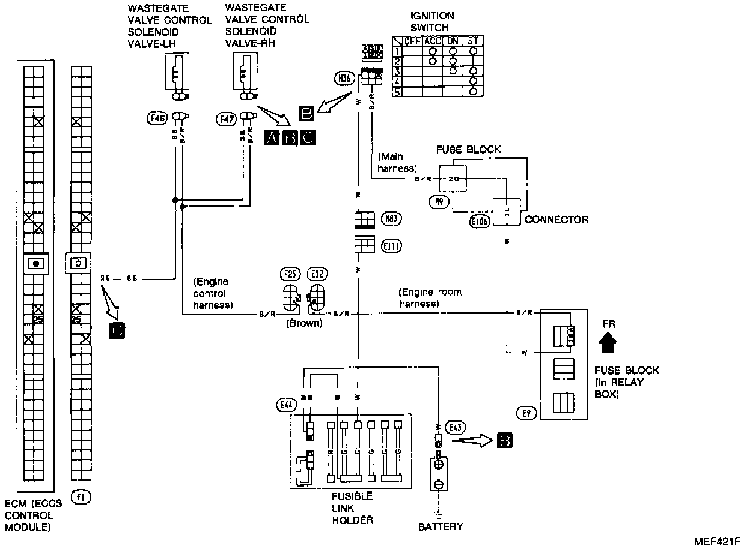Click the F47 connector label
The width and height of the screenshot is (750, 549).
click(227, 119)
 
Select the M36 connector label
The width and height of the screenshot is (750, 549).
click(344, 77)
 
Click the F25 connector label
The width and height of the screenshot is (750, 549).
click(290, 274)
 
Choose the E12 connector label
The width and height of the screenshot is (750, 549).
click(317, 274)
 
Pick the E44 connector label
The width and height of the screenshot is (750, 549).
click(286, 405)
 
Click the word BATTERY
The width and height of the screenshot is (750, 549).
click(441, 527)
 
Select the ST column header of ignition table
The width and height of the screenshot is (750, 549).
click(473, 41)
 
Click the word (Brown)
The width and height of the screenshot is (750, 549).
click(304, 323)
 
